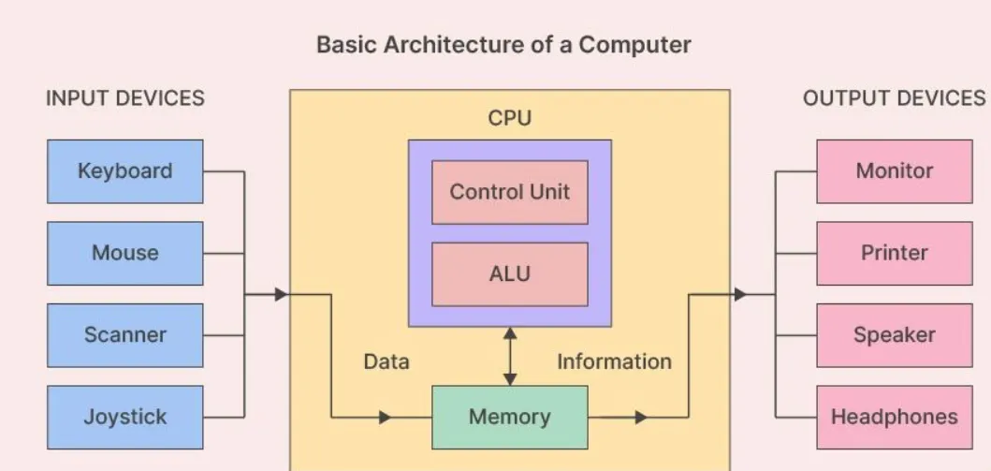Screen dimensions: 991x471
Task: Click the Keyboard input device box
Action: (125, 171)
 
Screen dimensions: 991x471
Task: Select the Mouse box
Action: (125, 253)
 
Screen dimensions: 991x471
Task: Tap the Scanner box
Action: (125, 335)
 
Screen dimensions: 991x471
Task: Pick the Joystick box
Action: (125, 418)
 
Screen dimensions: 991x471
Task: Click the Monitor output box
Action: (895, 171)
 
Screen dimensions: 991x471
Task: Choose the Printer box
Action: (895, 253)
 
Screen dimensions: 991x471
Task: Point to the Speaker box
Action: (895, 335)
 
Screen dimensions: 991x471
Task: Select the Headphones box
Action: (895, 418)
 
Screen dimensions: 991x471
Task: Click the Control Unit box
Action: (510, 192)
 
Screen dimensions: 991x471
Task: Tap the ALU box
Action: (510, 274)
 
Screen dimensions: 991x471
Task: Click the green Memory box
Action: (510, 418)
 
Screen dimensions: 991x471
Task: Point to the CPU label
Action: (510, 118)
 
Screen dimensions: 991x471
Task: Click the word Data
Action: (386, 361)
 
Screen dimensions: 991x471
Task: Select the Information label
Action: (614, 361)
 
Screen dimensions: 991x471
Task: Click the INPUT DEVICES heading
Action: (125, 98)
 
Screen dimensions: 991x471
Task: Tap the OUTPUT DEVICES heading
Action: (895, 98)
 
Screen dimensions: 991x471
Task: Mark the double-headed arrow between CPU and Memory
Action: (510, 356)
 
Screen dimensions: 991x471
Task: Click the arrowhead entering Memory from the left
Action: (385, 418)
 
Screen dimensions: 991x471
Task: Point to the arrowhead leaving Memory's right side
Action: (641, 418)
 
